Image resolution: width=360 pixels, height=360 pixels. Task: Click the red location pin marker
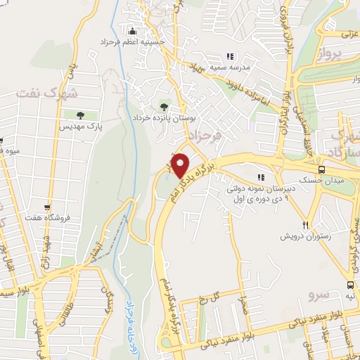(x=180, y=165)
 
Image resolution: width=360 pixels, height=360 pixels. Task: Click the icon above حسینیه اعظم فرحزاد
(x=133, y=31)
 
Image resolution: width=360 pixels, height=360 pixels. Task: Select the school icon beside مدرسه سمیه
(x=229, y=56)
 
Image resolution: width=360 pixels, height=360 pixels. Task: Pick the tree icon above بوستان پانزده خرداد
(x=164, y=107)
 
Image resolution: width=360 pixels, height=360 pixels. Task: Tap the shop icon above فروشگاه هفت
(x=47, y=207)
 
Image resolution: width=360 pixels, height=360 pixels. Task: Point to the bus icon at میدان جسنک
(x=322, y=169)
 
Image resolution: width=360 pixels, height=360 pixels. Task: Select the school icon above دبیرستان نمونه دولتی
(x=262, y=177)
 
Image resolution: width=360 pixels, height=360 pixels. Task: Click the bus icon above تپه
(x=350, y=285)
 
